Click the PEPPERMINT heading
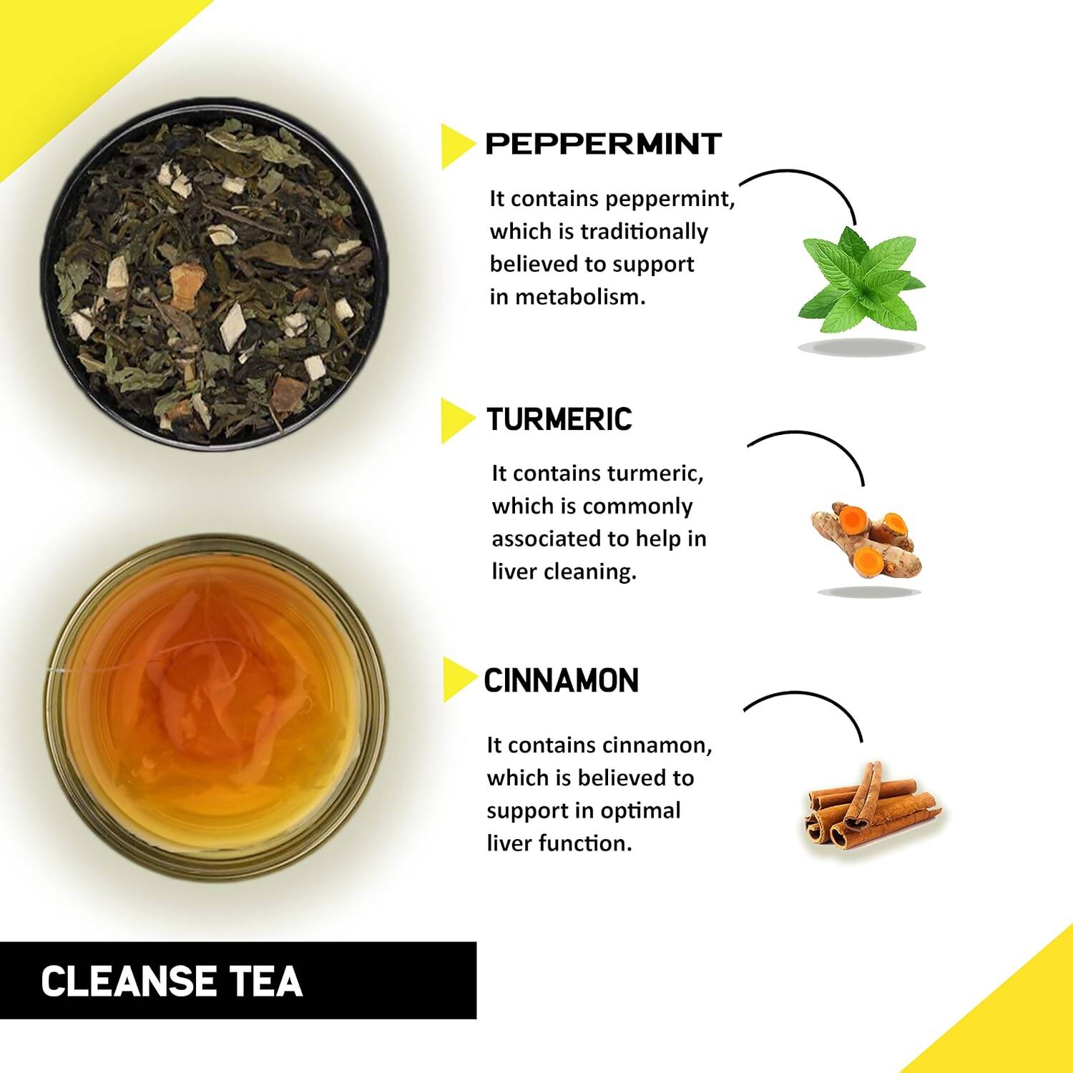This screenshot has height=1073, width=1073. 603,144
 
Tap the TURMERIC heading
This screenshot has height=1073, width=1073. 559,419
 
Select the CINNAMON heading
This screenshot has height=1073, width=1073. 562,680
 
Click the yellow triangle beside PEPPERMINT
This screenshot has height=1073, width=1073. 456,146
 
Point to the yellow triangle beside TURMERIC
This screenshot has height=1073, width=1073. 456,421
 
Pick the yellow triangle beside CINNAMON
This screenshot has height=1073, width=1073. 456,680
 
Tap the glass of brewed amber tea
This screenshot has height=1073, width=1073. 215,708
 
